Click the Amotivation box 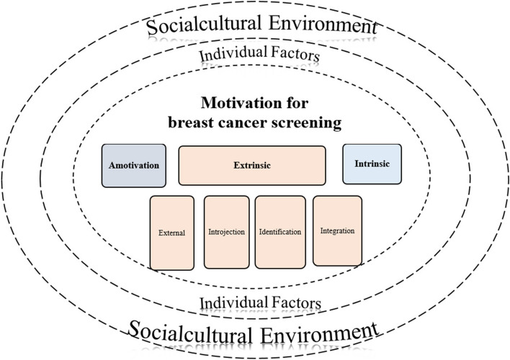tap(134, 166)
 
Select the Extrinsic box tap(252, 166)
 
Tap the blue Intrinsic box tap(371, 163)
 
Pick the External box tap(172, 232)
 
